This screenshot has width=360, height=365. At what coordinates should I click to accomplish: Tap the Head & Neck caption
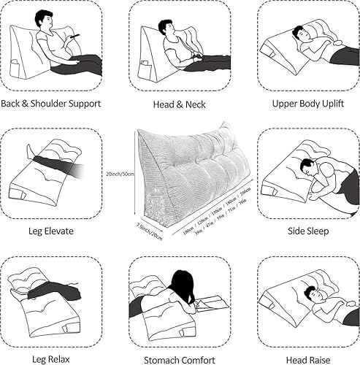(179, 104)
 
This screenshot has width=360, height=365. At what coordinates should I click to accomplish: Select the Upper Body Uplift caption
(307, 104)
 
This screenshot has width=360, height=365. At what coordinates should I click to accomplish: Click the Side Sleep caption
(307, 231)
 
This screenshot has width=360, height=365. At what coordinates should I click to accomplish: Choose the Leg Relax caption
(50, 358)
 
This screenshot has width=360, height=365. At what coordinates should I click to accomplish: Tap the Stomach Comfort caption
(179, 358)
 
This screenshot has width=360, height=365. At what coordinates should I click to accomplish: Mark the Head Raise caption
(307, 358)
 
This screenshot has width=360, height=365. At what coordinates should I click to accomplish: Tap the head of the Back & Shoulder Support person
(44, 20)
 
